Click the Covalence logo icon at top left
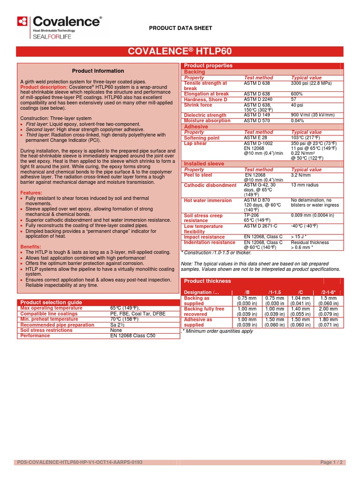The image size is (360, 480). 22,21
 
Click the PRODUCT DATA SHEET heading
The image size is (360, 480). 180,28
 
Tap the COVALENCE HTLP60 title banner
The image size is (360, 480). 180,51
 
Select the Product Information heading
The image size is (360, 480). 98,71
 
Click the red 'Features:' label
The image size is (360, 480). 31,193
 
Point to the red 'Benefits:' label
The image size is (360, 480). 31,247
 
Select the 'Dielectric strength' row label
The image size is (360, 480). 205,115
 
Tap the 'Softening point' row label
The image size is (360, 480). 202,138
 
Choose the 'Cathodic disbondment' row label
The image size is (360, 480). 210,185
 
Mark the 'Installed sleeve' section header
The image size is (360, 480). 204,164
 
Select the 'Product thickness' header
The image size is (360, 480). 208,281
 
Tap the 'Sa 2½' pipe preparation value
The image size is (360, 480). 118,325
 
